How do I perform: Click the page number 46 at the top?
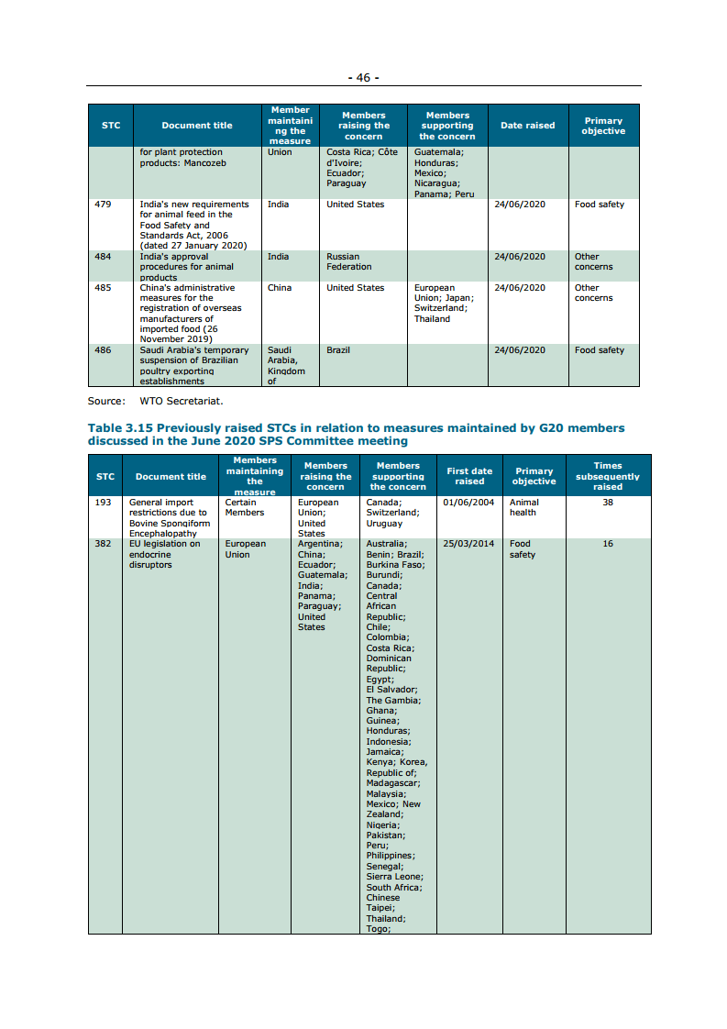pos(363,78)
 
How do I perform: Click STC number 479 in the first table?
pos(103,205)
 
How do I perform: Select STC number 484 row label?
pos(103,257)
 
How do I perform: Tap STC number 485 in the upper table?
pos(103,288)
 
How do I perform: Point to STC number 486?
pos(103,350)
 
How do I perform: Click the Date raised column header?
pos(527,126)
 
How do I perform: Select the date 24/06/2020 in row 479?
pos(519,205)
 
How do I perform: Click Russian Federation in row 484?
pos(349,262)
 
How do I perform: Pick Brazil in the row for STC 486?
pos(338,350)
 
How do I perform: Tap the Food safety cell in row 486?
pos(600,350)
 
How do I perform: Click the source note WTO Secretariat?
pos(182,401)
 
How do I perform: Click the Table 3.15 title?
pos(356,435)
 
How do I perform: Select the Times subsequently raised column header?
pos(607,476)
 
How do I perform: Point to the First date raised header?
pos(469,476)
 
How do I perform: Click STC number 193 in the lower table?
pos(103,503)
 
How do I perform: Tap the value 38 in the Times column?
pos(608,503)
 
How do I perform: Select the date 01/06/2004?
pos(468,503)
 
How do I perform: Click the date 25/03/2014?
pos(468,544)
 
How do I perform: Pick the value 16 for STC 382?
pos(608,544)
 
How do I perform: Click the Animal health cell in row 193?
pos(523,507)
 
